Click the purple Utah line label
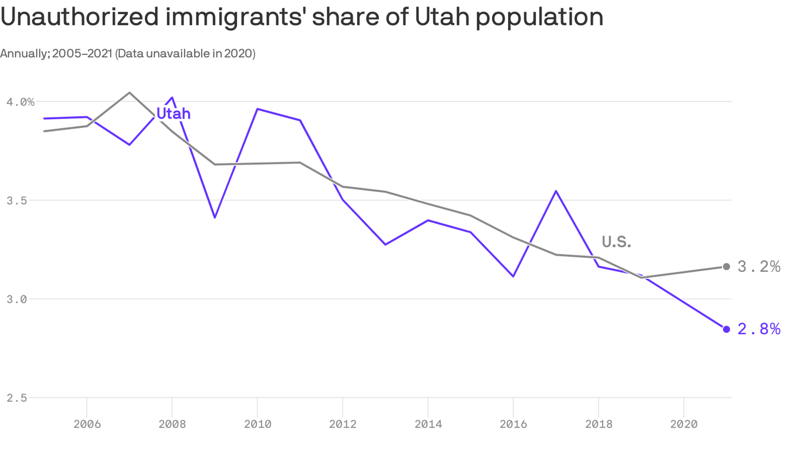coord(173,113)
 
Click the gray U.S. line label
coord(616,241)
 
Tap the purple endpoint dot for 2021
coord(726,329)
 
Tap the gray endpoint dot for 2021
coord(726,267)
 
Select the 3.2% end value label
coord(758,267)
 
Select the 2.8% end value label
coord(758,329)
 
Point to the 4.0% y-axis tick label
coord(21,102)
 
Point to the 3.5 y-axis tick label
coord(17,201)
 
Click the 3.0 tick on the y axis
coord(17,299)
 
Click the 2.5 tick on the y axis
coord(17,398)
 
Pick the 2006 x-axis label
coord(87,424)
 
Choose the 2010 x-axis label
coord(257,424)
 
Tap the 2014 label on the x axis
coord(428,424)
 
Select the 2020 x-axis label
coord(684,424)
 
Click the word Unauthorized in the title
coord(80,18)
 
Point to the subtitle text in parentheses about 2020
coord(185,54)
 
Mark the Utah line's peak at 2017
coord(556,191)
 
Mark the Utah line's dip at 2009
coord(215,218)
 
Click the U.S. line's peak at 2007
coord(130,93)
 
